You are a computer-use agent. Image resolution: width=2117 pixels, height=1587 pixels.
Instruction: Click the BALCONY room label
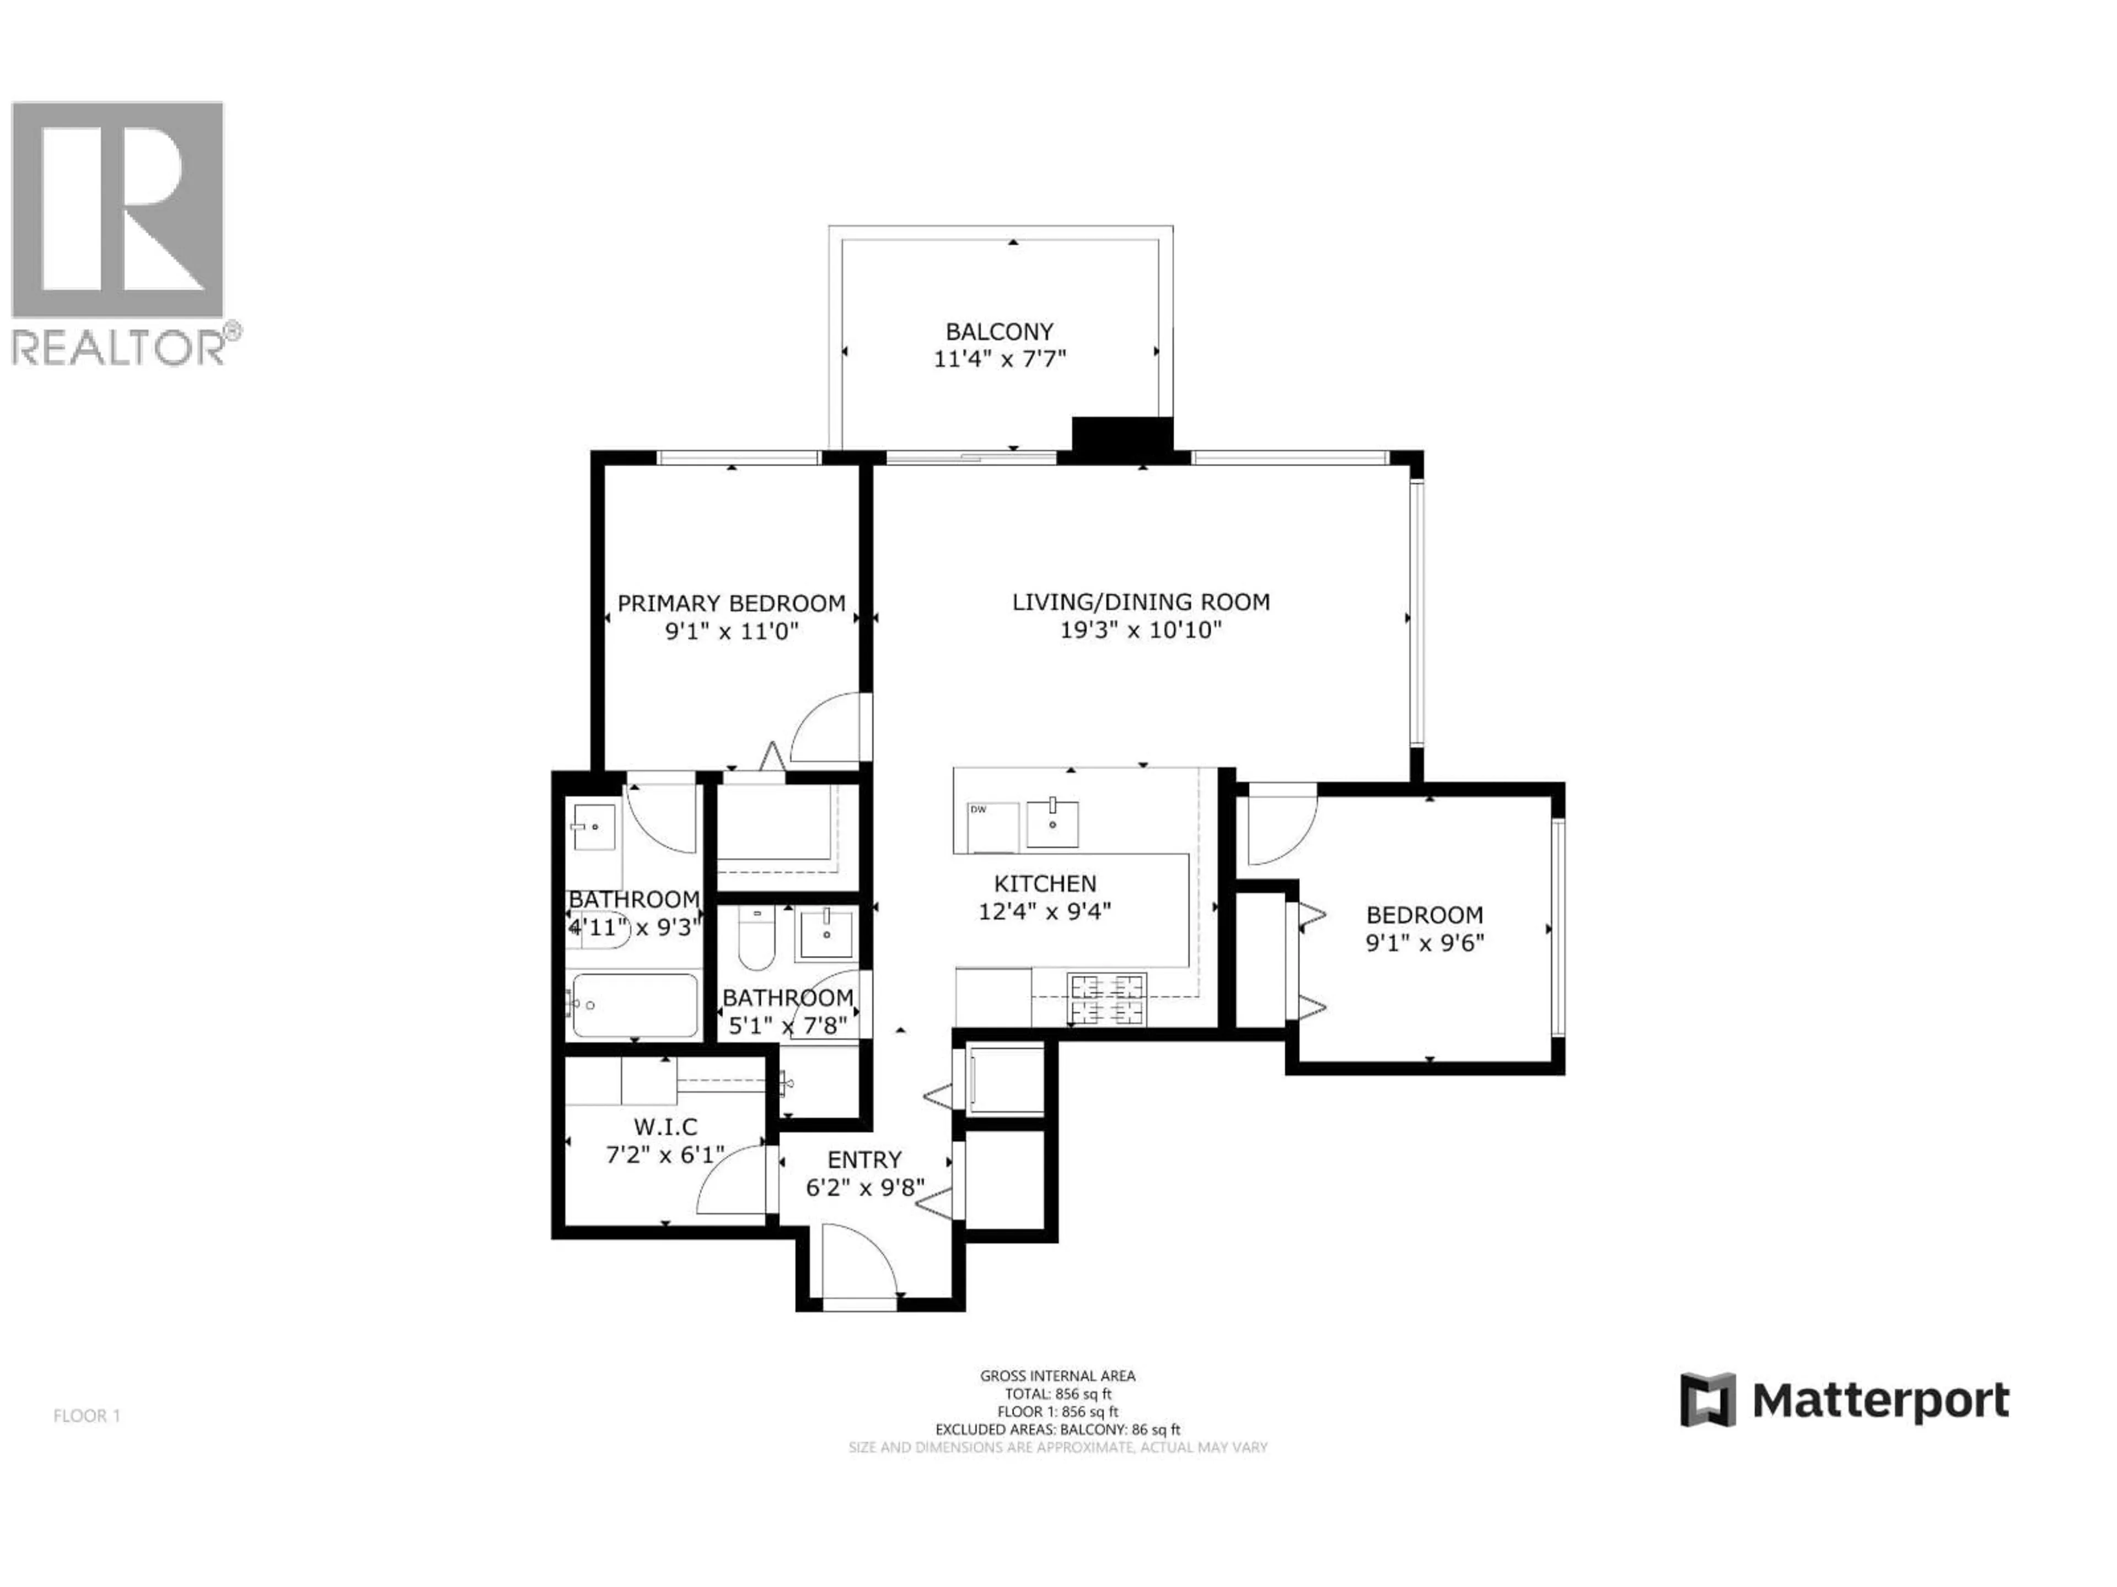[x=999, y=332]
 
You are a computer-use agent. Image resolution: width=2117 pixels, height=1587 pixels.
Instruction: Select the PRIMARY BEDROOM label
[x=731, y=603]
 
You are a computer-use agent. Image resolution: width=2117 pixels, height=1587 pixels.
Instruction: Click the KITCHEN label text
[x=1045, y=884]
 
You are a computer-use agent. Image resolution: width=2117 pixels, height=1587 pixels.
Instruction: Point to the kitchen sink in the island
[x=1052, y=824]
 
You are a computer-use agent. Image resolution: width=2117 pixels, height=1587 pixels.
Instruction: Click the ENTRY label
[x=864, y=1159]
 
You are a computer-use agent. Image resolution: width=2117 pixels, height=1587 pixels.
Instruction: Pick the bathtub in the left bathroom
[x=633, y=1006]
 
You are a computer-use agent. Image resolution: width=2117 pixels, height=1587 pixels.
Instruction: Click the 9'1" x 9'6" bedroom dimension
[x=1424, y=944]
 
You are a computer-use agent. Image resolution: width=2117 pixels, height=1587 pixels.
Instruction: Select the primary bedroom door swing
[x=828, y=729]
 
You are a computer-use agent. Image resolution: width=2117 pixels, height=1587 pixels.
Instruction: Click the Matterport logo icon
[x=1707, y=1400]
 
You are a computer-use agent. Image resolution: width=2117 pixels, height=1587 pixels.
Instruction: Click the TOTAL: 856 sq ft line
[x=1057, y=1394]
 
